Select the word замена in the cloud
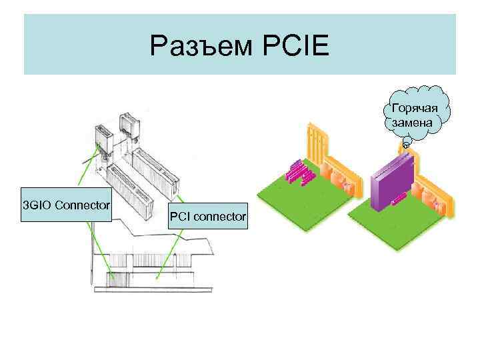[413, 123]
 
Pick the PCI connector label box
[207, 216]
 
